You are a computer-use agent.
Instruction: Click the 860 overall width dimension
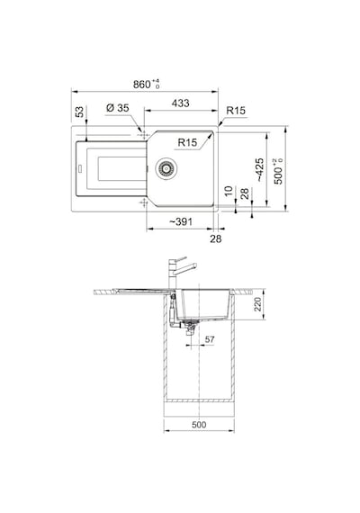tap(147, 84)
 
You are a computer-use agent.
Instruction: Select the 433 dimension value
tap(180, 103)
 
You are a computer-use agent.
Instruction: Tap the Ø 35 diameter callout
tap(118, 108)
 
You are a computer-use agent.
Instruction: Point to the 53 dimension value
tap(79, 112)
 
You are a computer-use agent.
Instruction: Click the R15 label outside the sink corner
tap(236, 111)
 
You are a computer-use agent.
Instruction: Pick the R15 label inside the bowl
tap(187, 142)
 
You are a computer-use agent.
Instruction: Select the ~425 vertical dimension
tap(259, 170)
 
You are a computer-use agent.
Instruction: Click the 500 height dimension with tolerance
tap(278, 171)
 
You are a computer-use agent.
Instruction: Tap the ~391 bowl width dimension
tap(181, 221)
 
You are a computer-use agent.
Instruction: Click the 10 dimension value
tap(229, 191)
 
